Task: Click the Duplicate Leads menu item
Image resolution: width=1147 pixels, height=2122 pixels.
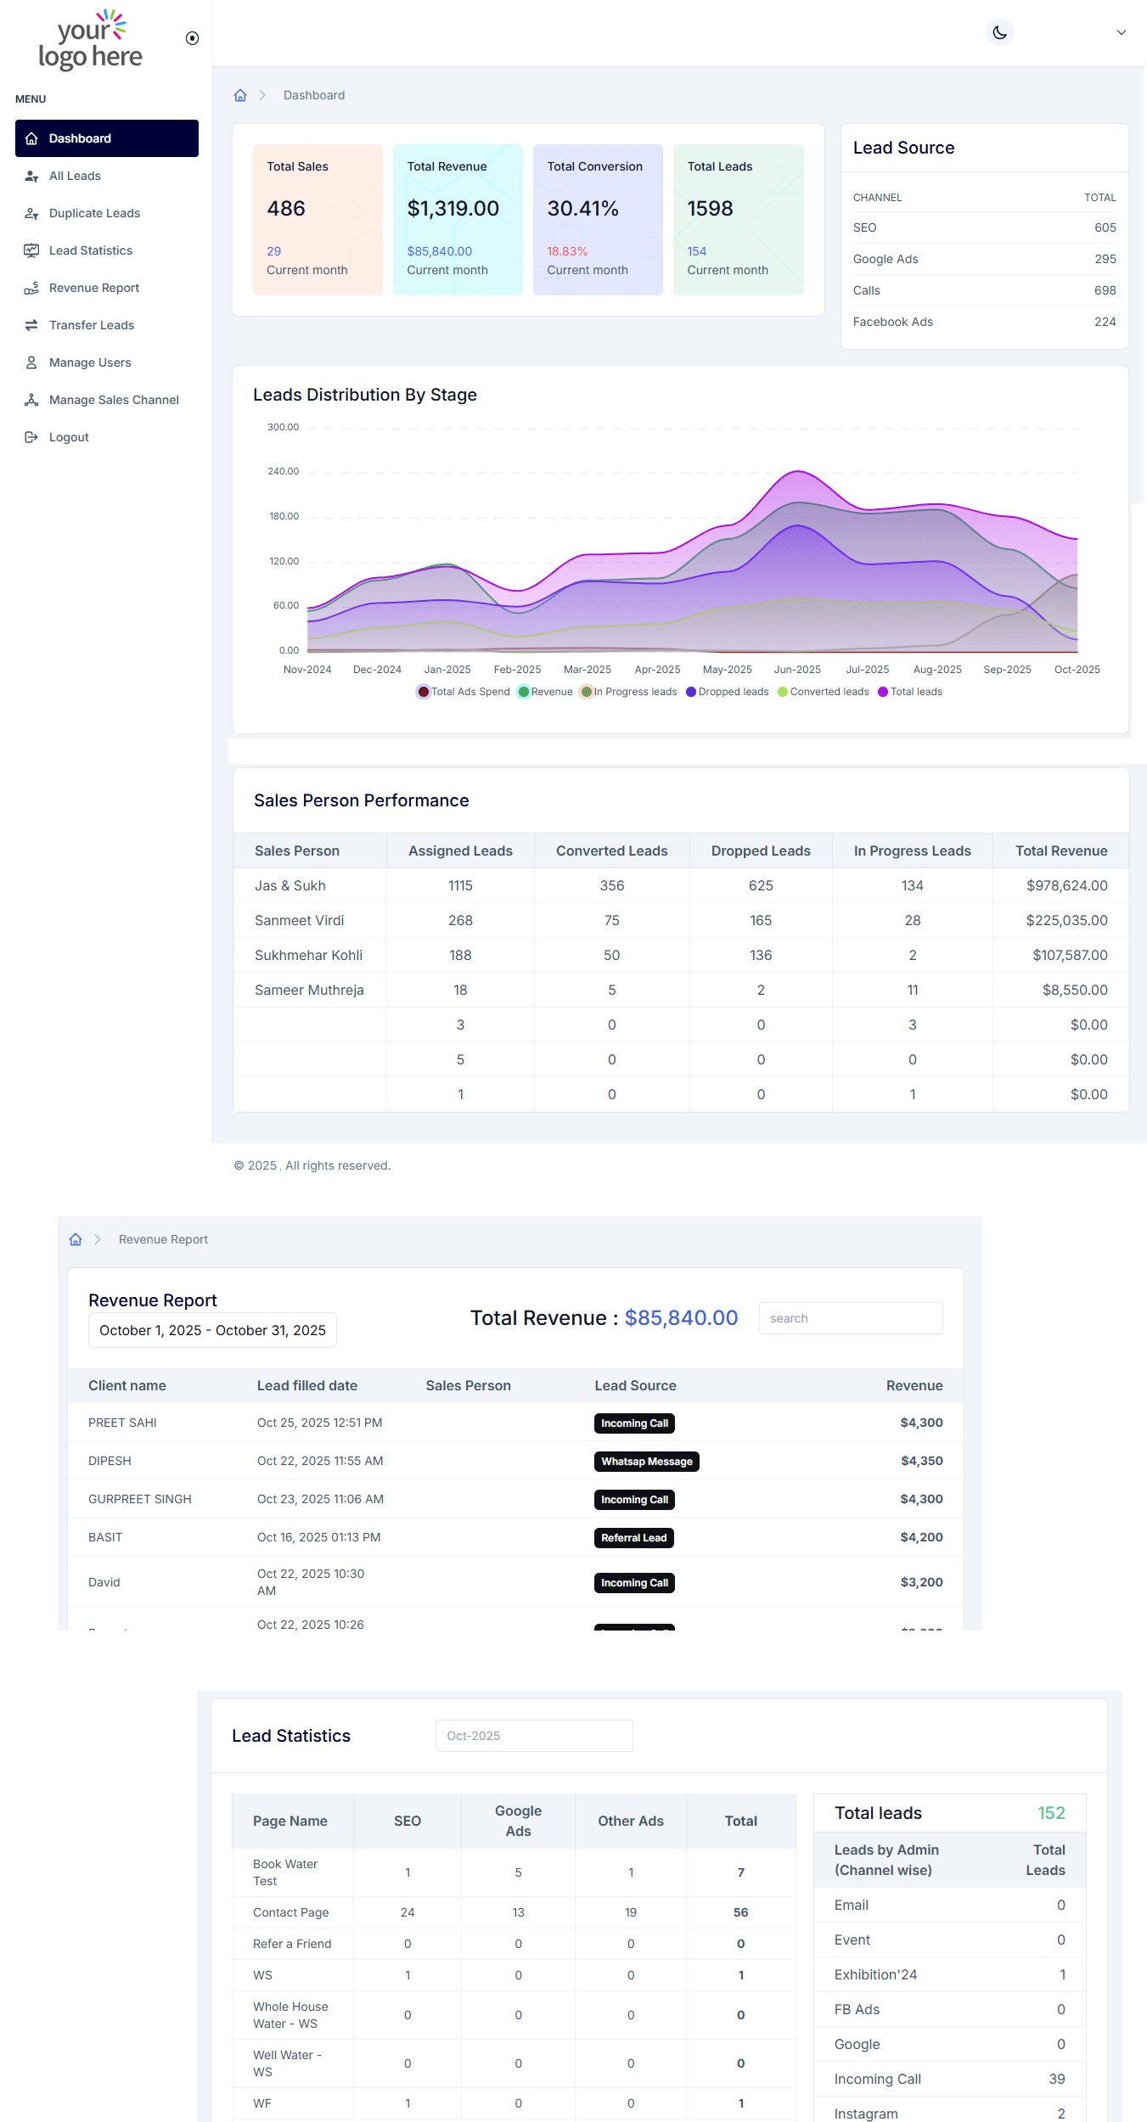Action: tap(94, 213)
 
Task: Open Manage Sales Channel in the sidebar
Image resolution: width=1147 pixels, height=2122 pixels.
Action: tap(114, 400)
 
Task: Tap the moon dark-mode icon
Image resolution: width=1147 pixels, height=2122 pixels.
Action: tap(1000, 33)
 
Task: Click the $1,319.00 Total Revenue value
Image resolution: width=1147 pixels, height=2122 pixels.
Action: tap(453, 209)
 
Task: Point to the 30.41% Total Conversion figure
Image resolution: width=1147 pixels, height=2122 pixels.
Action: tap(582, 209)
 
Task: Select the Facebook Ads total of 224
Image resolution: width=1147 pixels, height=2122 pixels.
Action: tap(1105, 322)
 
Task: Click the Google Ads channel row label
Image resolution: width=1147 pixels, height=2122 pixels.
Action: tap(886, 259)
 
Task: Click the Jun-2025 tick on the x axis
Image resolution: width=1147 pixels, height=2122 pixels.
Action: tap(797, 670)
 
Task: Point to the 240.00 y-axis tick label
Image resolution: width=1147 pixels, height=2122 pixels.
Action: tap(284, 471)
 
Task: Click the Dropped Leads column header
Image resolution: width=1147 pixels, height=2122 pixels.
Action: tap(761, 850)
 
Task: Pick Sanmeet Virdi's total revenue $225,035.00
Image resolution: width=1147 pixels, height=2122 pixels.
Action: tap(1066, 920)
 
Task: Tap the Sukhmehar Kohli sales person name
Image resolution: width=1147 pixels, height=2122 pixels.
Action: tap(308, 955)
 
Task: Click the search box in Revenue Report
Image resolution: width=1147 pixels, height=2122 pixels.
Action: tap(850, 1318)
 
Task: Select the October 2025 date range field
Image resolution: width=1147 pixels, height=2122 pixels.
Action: tap(212, 1330)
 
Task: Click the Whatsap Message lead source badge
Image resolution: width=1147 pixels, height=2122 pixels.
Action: tap(646, 1462)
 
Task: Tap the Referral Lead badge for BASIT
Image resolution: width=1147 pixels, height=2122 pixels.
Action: tap(633, 1538)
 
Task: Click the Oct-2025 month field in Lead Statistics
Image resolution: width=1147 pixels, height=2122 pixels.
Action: tap(533, 1736)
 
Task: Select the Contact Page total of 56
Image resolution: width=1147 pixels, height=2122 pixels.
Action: tap(740, 1912)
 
